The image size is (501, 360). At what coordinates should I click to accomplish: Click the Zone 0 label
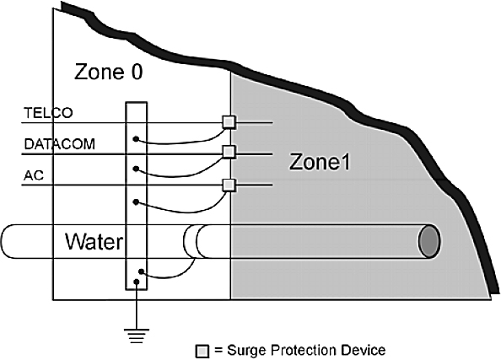click(x=108, y=72)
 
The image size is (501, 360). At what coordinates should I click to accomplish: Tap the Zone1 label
click(x=320, y=162)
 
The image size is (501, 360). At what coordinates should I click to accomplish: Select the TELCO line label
click(x=48, y=113)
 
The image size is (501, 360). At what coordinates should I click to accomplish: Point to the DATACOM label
click(x=59, y=144)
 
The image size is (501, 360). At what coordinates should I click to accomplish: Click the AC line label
click(x=34, y=175)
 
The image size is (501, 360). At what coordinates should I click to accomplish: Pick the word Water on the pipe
click(x=94, y=241)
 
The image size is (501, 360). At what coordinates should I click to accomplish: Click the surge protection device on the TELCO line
click(x=229, y=121)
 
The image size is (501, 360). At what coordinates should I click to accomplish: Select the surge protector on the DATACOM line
click(x=229, y=152)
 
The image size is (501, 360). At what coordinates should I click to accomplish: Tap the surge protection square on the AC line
click(x=229, y=185)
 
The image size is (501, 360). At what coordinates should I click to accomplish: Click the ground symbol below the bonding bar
click(x=137, y=336)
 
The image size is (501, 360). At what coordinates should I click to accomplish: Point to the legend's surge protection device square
click(x=202, y=352)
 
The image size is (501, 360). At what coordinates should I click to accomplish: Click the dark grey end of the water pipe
click(x=429, y=241)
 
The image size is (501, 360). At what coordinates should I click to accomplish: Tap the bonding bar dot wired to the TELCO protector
click(x=136, y=139)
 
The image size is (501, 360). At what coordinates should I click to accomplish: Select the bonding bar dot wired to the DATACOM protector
click(x=136, y=169)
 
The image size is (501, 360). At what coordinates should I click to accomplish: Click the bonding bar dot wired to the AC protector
click(x=136, y=201)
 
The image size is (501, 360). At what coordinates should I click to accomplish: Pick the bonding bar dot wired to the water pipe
click(x=141, y=271)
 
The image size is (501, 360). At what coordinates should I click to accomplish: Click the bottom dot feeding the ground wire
click(x=137, y=282)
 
